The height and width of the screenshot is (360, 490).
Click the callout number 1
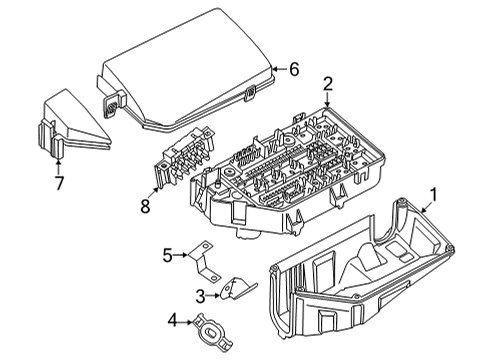[x=433, y=195]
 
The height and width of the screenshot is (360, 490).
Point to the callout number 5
[x=169, y=255]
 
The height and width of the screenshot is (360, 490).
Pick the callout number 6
[x=294, y=69]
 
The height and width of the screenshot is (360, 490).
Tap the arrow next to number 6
[x=278, y=69]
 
